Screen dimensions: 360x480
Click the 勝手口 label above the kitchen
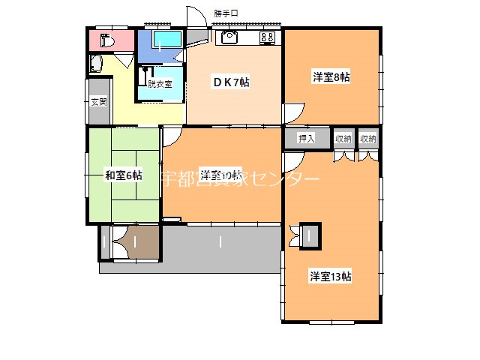point(224,13)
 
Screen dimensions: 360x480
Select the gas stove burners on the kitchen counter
point(268,37)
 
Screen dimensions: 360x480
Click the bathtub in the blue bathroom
point(167,39)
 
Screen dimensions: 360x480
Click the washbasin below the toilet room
point(96,64)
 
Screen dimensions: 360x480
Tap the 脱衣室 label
point(160,84)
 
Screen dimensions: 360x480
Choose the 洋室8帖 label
point(331,76)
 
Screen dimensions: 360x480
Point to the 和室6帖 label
point(123,175)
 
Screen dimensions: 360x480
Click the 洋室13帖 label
point(331,276)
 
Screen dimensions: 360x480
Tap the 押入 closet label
point(306,138)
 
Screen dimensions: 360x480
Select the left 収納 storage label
point(343,138)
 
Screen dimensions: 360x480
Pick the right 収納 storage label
point(367,138)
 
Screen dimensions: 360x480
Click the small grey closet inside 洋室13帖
point(310,235)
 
